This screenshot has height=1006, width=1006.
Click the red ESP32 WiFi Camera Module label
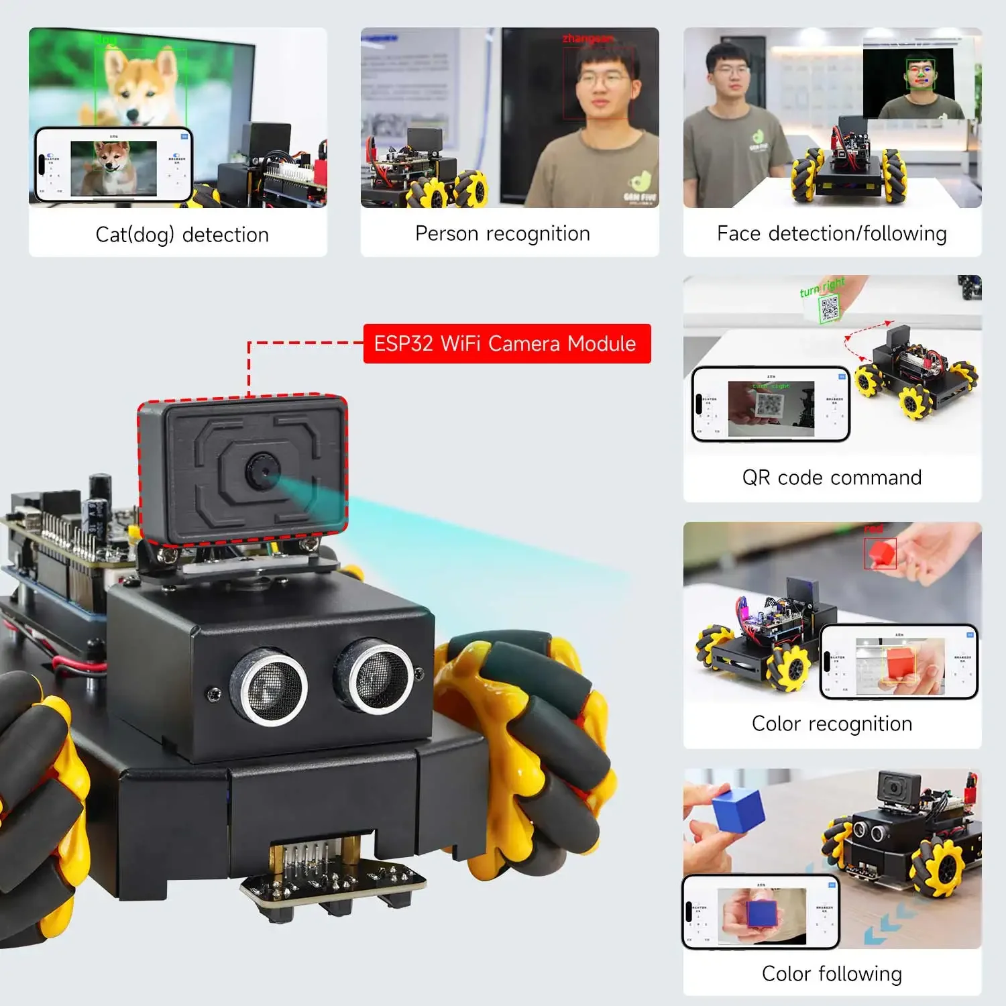(x=506, y=343)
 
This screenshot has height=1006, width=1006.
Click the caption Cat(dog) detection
(x=182, y=235)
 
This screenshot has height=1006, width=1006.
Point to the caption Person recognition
(x=502, y=233)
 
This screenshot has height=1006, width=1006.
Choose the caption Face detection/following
(x=832, y=233)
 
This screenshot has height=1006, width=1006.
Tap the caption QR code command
(x=832, y=478)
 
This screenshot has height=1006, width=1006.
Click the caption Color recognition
(x=832, y=724)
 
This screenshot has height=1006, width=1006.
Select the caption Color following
(x=832, y=974)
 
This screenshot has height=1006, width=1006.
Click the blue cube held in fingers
(x=738, y=809)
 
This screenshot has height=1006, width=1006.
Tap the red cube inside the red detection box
(x=881, y=553)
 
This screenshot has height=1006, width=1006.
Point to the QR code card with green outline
(x=829, y=309)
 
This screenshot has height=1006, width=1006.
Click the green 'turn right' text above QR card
(x=822, y=286)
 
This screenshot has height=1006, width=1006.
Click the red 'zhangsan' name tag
(x=588, y=39)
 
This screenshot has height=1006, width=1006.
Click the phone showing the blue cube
(x=761, y=912)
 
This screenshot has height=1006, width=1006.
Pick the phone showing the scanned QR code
(x=771, y=404)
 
